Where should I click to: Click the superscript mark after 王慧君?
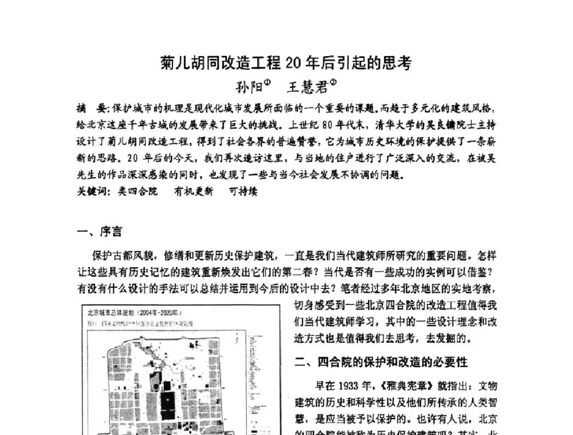click(333, 82)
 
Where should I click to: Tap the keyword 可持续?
click(243, 191)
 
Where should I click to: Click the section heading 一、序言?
click(99, 232)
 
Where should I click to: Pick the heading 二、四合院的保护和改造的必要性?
click(381, 362)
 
